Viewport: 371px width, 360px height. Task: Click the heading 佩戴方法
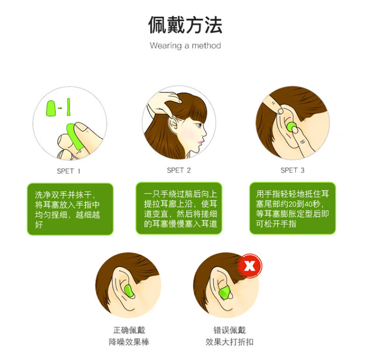point(185,25)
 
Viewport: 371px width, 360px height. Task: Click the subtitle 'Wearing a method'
point(185,45)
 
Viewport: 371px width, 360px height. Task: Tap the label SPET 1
point(68,171)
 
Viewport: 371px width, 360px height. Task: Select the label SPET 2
point(179,170)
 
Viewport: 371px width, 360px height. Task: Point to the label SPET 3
point(292,170)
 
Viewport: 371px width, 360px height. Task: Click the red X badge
point(250,266)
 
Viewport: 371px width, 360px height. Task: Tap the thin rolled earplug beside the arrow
point(68,107)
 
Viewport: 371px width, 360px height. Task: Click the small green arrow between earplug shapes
point(60,108)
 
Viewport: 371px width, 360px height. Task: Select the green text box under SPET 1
point(70,209)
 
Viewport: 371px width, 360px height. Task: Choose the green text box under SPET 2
point(179,208)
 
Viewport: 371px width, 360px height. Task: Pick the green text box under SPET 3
point(292,208)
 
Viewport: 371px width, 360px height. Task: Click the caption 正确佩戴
point(129,330)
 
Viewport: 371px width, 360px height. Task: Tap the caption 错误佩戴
point(230,330)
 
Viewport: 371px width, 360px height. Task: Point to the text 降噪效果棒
point(129,342)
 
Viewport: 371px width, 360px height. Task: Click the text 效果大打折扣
point(230,342)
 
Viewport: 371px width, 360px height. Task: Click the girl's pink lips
point(201,142)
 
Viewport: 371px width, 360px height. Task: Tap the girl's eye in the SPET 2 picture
point(199,125)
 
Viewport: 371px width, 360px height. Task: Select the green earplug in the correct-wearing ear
point(129,293)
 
